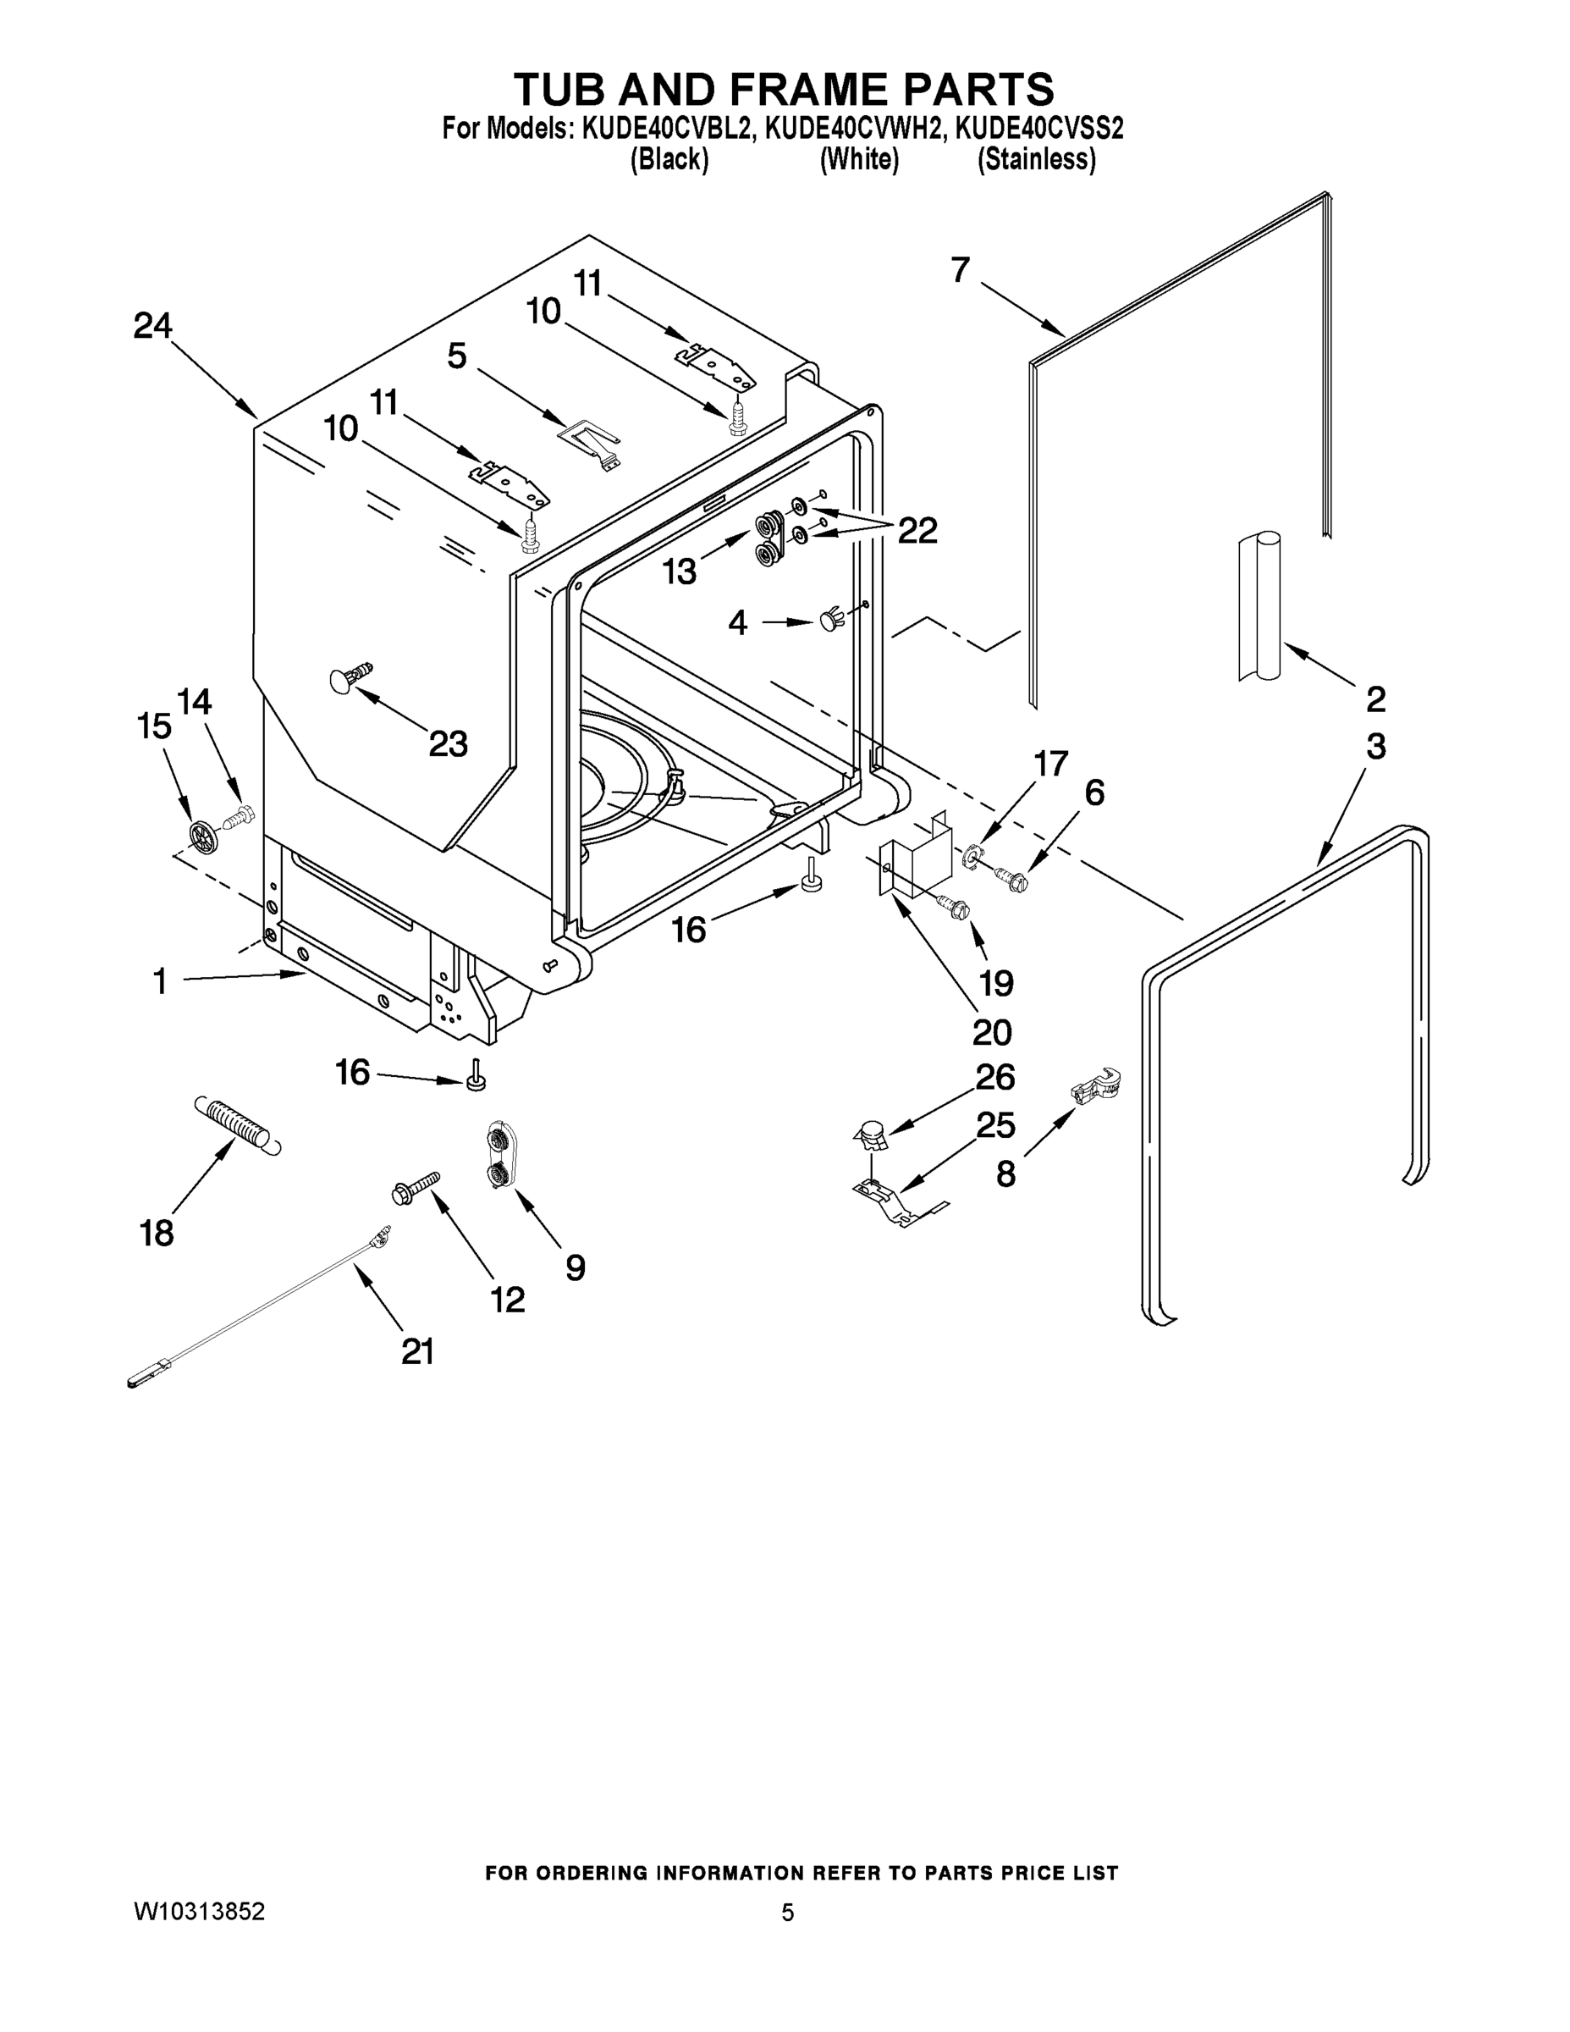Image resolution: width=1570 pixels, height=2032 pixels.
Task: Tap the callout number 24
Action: pos(152,326)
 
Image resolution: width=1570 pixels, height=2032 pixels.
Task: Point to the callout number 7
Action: pos(960,270)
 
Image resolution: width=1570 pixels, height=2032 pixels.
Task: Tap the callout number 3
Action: pos(1374,746)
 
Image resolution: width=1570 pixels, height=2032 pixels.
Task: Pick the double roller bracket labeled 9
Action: pos(499,1156)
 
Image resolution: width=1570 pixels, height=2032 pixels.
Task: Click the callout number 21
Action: pos(416,1351)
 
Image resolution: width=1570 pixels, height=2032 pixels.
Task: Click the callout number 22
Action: pos(917,530)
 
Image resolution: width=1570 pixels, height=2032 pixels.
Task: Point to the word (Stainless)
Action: pos(1035,160)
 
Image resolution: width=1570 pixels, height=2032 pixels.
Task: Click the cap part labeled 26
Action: pos(870,1135)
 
